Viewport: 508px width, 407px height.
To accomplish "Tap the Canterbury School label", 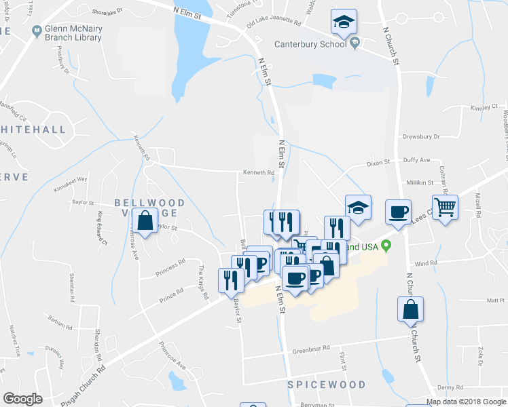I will click(311, 45).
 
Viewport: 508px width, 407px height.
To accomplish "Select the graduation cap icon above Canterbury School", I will click(344, 23).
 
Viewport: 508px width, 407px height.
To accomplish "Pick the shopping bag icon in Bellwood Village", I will click(145, 221).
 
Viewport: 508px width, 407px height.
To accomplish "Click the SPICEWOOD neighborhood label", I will click(321, 385).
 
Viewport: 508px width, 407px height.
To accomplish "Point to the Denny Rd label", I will click(450, 387).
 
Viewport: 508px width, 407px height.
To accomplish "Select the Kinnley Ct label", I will click(484, 107).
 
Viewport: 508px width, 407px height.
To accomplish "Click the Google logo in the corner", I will click(22, 399).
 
